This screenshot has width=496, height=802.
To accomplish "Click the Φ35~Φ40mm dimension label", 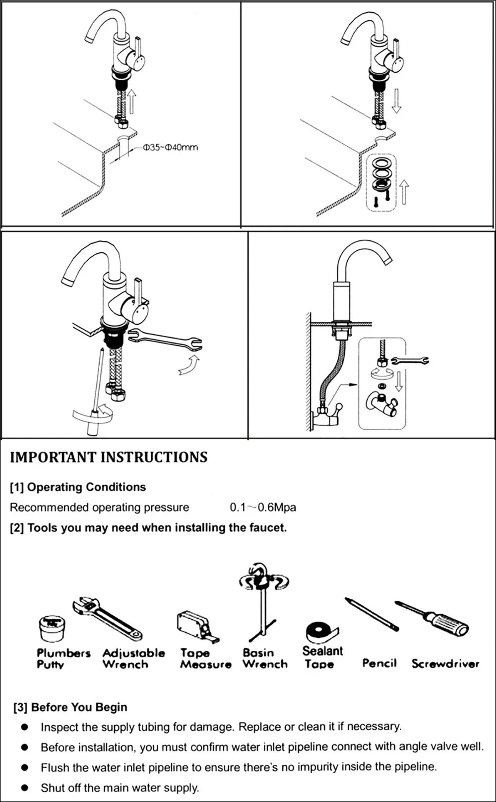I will tap(170, 147).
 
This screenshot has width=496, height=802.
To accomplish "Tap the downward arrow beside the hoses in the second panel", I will tap(396, 101).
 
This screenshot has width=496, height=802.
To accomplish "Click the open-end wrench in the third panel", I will tap(165, 341).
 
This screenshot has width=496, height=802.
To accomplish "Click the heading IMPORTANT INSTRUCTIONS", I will tap(109, 457).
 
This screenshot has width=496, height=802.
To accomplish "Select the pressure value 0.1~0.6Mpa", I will tap(263, 507).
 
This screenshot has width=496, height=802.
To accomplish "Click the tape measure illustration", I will tap(194, 626).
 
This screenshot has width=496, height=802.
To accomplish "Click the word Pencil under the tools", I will tap(379, 663).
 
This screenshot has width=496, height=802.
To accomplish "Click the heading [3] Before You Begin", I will tap(70, 707).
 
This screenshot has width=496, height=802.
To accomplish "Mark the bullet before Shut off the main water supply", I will tap(25, 787).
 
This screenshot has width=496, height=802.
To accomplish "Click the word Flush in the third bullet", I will tap(55, 767).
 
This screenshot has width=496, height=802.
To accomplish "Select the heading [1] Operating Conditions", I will tap(78, 487).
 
